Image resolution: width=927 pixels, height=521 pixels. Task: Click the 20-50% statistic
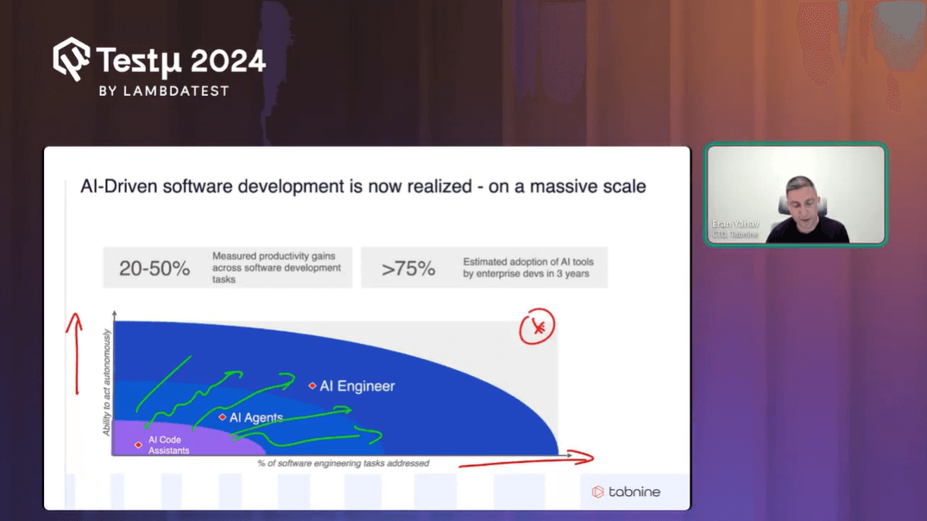click(x=154, y=269)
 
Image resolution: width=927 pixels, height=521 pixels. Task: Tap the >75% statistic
click(x=408, y=269)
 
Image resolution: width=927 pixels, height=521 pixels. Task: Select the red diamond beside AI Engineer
click(x=312, y=386)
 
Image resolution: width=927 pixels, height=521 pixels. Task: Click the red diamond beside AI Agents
click(x=222, y=417)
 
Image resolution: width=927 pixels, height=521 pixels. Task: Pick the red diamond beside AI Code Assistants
click(x=138, y=445)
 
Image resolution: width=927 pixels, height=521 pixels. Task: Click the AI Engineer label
click(x=356, y=386)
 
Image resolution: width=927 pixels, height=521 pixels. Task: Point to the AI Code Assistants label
click(x=168, y=445)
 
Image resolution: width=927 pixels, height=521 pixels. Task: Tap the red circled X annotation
click(x=537, y=327)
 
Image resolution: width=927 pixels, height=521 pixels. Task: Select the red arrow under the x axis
click(x=527, y=461)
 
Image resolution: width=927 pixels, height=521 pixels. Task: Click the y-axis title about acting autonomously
click(x=107, y=382)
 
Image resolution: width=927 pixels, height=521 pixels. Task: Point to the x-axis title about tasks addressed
click(x=343, y=464)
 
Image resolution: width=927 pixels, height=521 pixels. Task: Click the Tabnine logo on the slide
click(x=626, y=492)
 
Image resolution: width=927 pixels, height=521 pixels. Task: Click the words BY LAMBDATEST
click(x=164, y=91)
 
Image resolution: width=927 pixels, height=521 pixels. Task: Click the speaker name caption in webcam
click(x=735, y=225)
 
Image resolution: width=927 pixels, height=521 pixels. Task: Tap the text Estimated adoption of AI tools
click(x=527, y=262)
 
